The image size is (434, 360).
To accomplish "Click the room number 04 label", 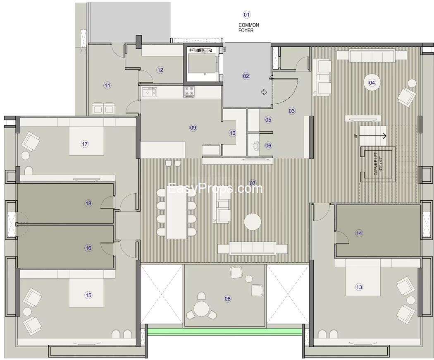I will pyautogui.click(x=372, y=83).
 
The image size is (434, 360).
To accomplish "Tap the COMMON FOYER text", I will pyautogui.click(x=248, y=28).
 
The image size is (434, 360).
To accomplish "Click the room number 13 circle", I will pyautogui.click(x=359, y=287).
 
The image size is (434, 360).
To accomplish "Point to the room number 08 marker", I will pyautogui.click(x=227, y=299).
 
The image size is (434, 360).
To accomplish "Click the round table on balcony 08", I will pyautogui.click(x=201, y=309).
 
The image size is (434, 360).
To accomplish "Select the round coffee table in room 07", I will pyautogui.click(x=253, y=221).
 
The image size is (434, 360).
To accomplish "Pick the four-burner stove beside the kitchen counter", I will pyautogui.click(x=189, y=92).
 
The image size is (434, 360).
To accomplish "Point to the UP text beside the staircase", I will pyautogui.click(x=355, y=136).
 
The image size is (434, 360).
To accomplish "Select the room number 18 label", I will pyautogui.click(x=88, y=203).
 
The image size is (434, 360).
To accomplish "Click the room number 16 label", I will pyautogui.click(x=88, y=248).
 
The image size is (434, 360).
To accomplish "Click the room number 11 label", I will pyautogui.click(x=107, y=86).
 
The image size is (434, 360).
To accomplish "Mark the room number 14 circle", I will pyautogui.click(x=359, y=233).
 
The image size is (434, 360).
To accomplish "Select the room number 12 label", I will pyautogui.click(x=160, y=70).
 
